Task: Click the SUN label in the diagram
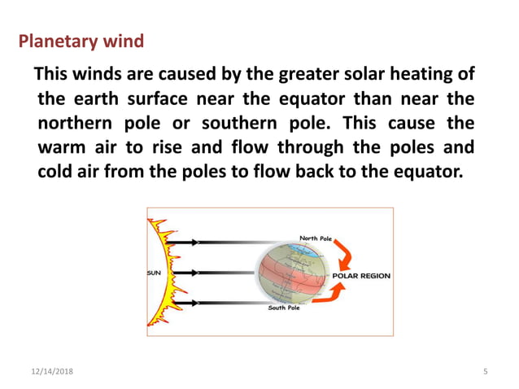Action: click(155, 273)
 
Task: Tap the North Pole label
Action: click(316, 238)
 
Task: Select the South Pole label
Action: click(284, 308)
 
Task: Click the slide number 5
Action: click(485, 371)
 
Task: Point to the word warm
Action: click(59, 150)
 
